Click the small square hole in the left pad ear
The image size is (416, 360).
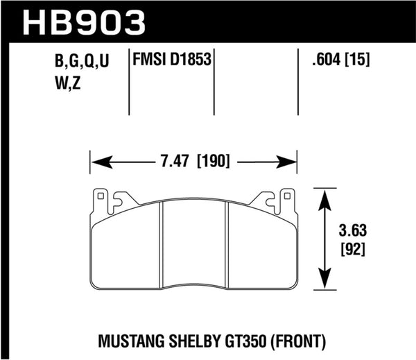click(101, 196)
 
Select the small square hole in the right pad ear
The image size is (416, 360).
click(286, 196)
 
